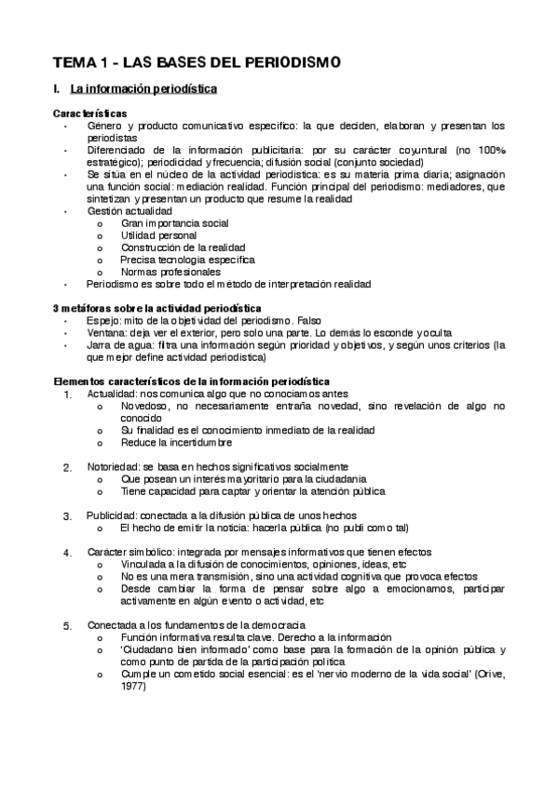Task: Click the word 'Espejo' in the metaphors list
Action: pyautogui.click(x=102, y=319)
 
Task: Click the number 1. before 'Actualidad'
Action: pyautogui.click(x=67, y=394)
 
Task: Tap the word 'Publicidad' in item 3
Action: pyautogui.click(x=112, y=515)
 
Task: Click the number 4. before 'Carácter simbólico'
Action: pyautogui.click(x=67, y=553)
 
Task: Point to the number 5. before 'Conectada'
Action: pyautogui.click(x=67, y=626)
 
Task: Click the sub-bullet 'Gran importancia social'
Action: pyautogui.click(x=174, y=223)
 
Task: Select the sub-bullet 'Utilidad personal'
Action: pyautogui.click(x=159, y=235)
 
